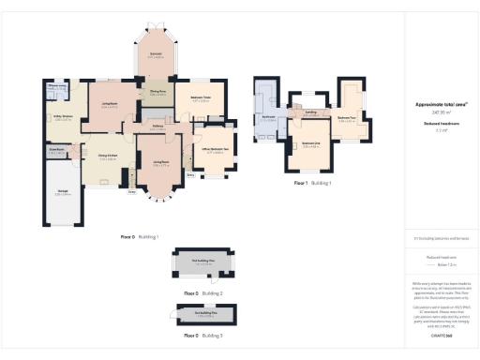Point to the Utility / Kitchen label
coord(63,118)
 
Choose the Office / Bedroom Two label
coord(213,150)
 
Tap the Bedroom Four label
coord(346,118)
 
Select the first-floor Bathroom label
coord(269,118)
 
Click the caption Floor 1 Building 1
coord(313,183)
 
